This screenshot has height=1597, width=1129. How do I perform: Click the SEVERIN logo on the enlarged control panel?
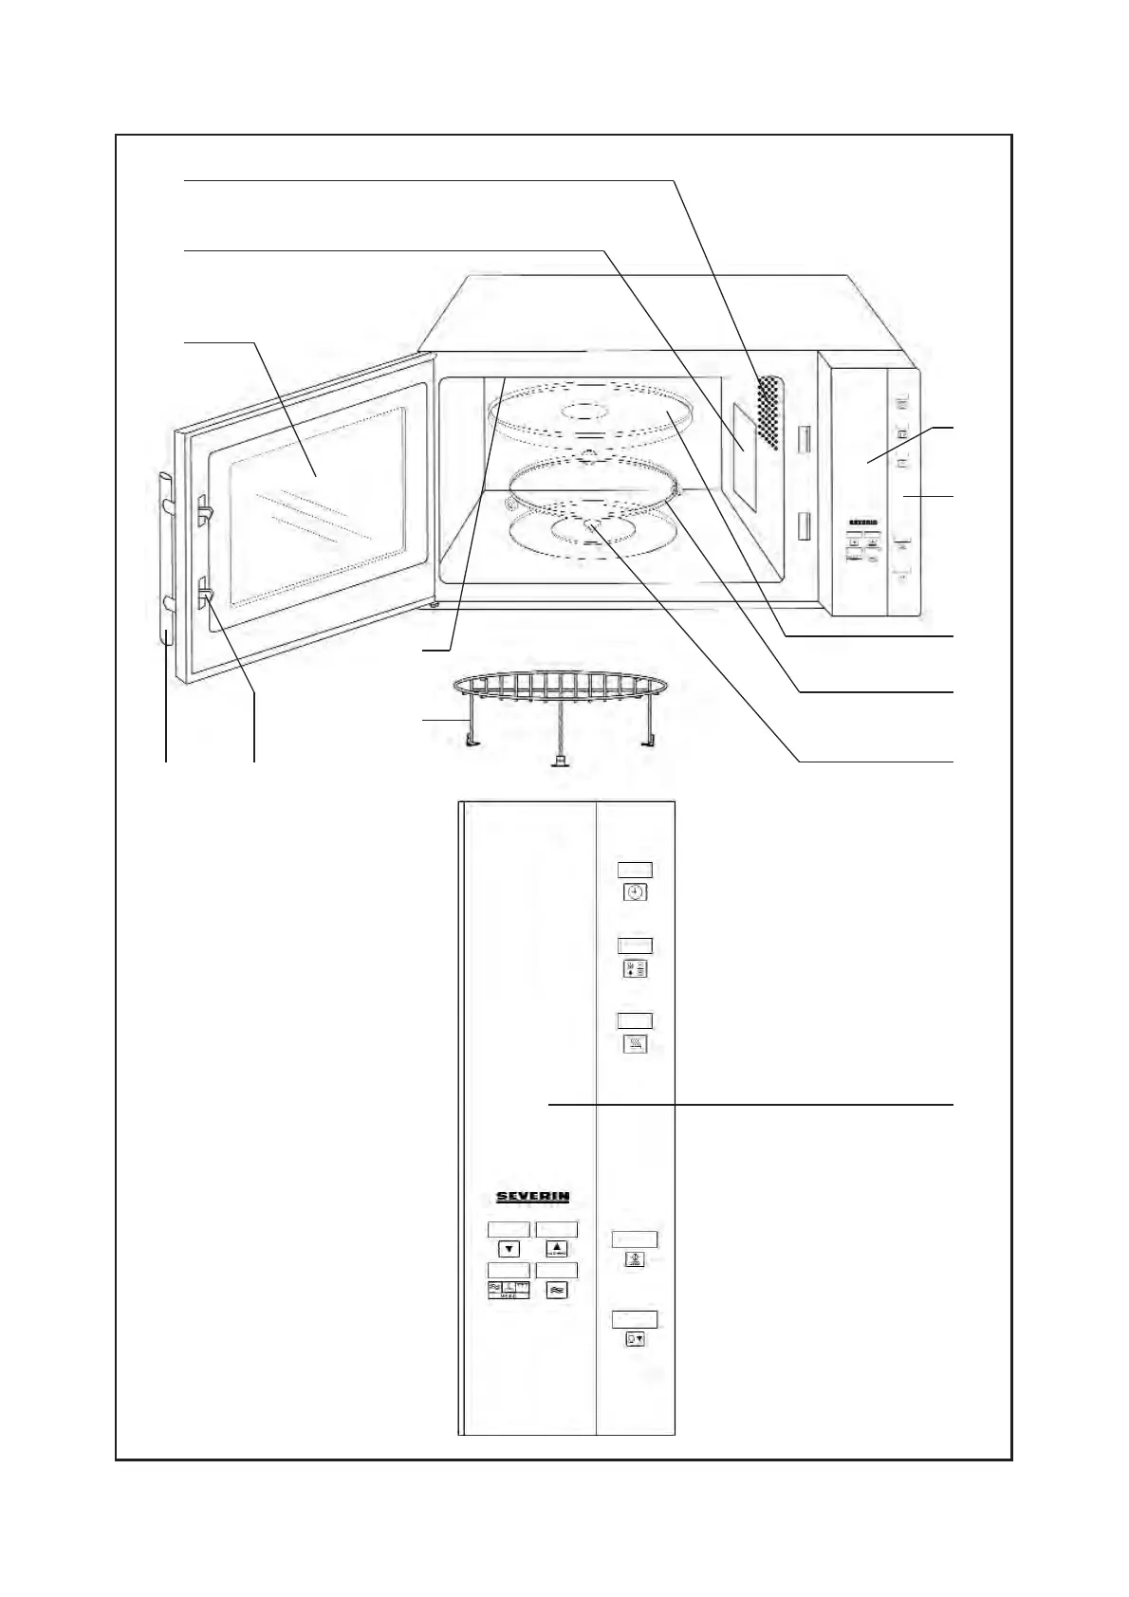coord(533,1197)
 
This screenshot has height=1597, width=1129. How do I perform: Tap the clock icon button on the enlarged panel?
coord(636,892)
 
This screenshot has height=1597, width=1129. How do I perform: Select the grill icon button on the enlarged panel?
coord(636,1044)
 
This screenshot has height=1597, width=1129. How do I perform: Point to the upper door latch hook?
coord(206,509)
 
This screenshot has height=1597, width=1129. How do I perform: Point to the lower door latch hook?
coord(206,595)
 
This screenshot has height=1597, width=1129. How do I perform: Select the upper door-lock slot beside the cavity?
coord(805,439)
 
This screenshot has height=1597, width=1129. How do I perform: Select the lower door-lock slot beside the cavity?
coord(805,526)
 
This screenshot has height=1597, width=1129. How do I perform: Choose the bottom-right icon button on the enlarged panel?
coord(636,1340)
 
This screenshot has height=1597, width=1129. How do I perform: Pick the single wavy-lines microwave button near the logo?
coord(557,1290)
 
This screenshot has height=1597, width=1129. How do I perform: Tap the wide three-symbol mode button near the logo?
coord(509,1290)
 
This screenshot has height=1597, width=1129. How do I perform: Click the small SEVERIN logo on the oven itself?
coord(861,523)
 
